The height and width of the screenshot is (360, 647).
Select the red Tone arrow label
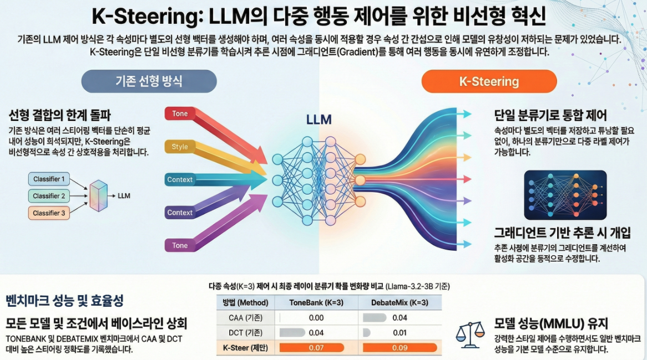180,114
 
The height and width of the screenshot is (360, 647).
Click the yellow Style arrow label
180,147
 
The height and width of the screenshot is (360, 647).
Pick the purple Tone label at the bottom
180,245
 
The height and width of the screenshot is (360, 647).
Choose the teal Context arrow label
180,180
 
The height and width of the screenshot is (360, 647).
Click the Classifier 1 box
49,179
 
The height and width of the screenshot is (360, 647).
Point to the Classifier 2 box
49,196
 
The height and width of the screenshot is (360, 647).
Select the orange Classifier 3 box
49,213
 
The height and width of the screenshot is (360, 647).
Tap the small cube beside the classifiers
98,195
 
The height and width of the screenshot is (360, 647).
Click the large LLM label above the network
319,120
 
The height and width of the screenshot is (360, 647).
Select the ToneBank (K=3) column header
316,303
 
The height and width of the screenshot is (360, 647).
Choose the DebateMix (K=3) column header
399,303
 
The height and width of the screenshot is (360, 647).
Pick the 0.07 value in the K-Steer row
316,348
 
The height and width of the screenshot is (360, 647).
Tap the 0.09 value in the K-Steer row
399,348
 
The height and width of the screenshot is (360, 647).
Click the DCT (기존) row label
245,333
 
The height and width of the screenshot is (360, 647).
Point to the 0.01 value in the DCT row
399,333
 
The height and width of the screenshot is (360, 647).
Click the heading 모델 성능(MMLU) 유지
551,323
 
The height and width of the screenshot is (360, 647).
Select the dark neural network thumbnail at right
565,195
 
